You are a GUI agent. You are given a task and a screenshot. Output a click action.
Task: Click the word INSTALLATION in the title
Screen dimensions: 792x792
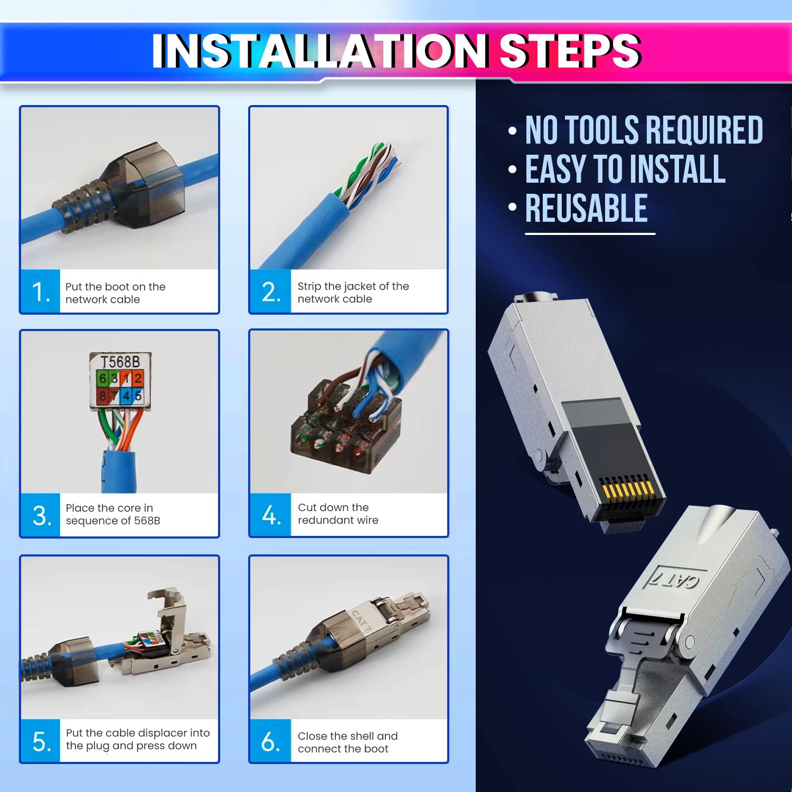(x=319, y=51)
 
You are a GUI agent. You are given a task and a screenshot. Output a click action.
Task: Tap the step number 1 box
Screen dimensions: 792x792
(x=41, y=292)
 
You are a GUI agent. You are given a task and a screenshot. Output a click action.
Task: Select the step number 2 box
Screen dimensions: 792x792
(x=270, y=292)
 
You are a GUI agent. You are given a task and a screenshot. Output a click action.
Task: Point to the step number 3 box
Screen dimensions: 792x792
(x=41, y=515)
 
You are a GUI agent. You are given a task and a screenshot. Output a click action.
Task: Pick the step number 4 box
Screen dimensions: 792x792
(x=270, y=515)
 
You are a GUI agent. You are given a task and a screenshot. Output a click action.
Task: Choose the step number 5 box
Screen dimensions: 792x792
(x=41, y=741)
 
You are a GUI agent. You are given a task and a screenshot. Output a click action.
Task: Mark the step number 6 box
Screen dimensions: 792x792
(x=270, y=741)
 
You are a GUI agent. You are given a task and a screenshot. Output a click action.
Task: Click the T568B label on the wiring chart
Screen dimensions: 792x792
(x=120, y=362)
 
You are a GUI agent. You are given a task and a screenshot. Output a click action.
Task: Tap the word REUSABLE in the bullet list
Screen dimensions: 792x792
(x=586, y=209)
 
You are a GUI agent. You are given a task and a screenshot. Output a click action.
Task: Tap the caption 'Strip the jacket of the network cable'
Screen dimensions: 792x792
(x=353, y=293)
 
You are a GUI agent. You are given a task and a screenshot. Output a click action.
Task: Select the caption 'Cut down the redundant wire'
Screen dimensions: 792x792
(x=338, y=514)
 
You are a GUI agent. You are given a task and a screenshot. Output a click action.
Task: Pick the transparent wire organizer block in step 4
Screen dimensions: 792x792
(x=343, y=430)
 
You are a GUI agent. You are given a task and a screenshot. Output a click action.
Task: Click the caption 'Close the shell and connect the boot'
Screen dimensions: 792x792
(x=347, y=742)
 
